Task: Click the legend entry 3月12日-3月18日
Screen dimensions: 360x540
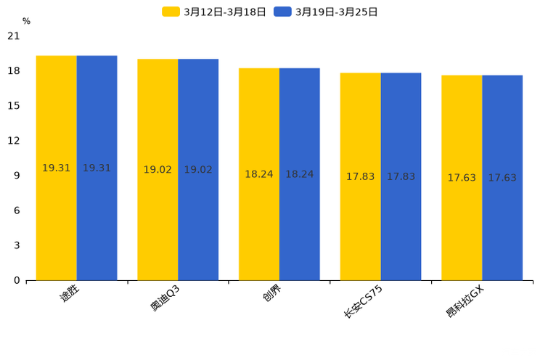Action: pyautogui.click(x=215, y=12)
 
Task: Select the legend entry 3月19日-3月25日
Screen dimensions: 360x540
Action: pyautogui.click(x=327, y=12)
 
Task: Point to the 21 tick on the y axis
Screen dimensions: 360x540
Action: pyautogui.click(x=14, y=36)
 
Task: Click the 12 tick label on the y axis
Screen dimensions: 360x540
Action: pyautogui.click(x=14, y=140)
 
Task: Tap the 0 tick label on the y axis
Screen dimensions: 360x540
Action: pyautogui.click(x=17, y=280)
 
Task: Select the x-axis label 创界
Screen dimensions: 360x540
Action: pyautogui.click(x=271, y=293)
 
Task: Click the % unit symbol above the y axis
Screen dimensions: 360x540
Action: pyautogui.click(x=26, y=21)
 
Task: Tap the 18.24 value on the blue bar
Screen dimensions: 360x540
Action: pyautogui.click(x=299, y=174)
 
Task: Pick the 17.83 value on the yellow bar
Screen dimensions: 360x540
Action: pyautogui.click(x=360, y=176)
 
